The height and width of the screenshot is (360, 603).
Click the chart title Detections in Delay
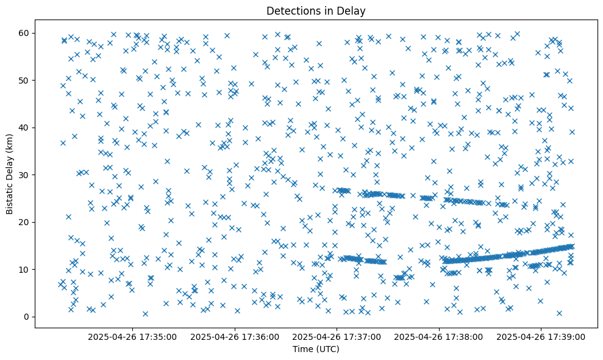point(316,10)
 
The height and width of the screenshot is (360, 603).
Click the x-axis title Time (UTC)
point(316,350)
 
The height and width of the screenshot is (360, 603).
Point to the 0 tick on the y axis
point(27,317)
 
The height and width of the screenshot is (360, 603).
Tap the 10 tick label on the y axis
point(24,269)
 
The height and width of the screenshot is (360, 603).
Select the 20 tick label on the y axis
point(24,222)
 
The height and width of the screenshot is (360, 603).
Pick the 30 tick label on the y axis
point(24,175)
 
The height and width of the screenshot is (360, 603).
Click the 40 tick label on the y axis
point(24,128)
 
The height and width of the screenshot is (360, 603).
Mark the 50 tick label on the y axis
point(24,80)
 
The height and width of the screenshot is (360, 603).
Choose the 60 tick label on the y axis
point(24,33)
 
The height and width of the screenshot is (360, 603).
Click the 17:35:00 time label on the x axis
point(132,336)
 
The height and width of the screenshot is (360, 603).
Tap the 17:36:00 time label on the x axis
point(234,336)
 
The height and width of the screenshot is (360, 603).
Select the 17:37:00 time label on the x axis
point(337,336)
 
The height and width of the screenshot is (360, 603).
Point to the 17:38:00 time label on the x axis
point(438,336)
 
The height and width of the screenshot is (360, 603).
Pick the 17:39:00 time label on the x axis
point(541,336)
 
